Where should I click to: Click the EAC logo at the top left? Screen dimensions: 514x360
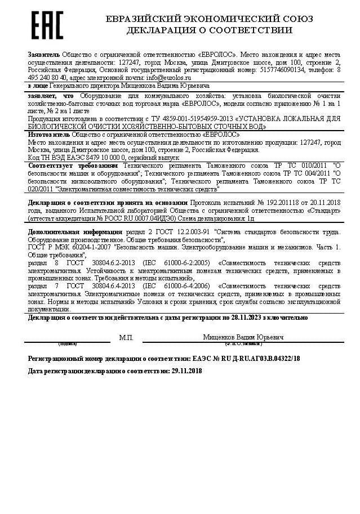47,25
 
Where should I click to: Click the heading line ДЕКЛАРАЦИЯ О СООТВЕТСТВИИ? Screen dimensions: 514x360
210,30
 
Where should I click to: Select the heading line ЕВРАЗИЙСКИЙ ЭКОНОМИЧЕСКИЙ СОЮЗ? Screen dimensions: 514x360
210,19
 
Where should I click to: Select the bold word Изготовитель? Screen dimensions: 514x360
48,135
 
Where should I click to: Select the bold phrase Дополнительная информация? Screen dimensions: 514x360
75,232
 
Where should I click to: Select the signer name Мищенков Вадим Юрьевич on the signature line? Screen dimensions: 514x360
243,337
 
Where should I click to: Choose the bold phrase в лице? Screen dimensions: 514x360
38,86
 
